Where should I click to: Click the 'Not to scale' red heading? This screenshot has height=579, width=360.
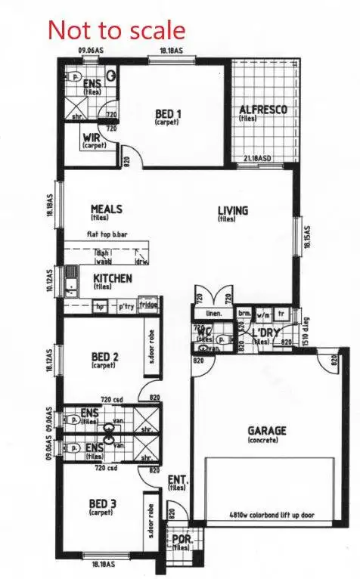(116, 30)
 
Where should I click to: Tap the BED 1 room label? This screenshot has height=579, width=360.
(168, 114)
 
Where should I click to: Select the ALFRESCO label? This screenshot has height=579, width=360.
(262, 110)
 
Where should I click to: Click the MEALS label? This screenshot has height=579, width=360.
(107, 209)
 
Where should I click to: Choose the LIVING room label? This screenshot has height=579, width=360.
(233, 211)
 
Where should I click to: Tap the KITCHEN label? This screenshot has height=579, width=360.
(113, 279)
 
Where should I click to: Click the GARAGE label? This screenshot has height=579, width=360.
(267, 431)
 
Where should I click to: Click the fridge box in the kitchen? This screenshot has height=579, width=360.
(148, 305)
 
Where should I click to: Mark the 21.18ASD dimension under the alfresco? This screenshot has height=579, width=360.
(258, 158)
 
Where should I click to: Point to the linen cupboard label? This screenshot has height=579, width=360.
(214, 313)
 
